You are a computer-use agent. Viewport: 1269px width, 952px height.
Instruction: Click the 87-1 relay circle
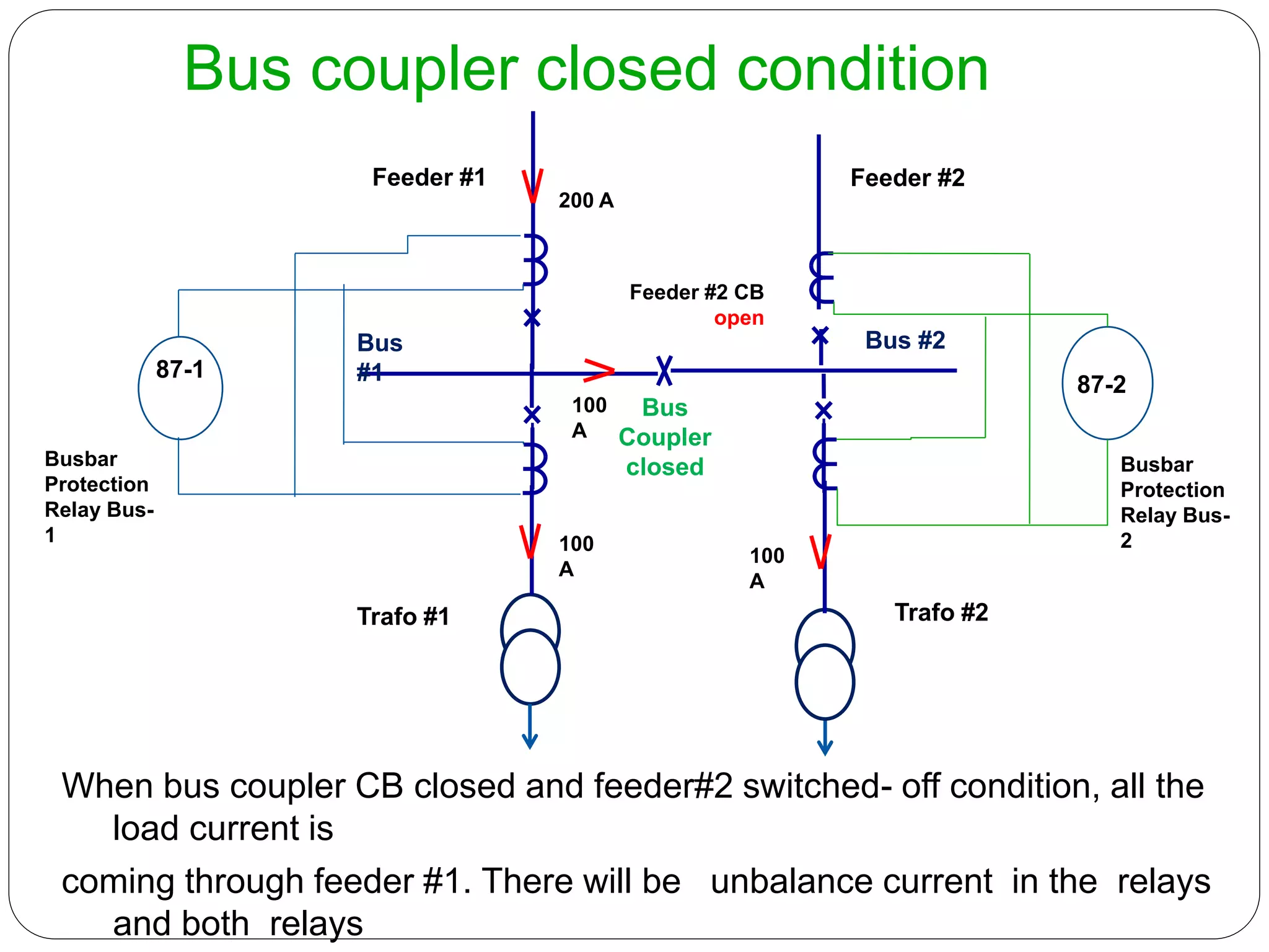(x=180, y=388)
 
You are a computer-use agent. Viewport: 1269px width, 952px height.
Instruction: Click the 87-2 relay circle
(x=1107, y=383)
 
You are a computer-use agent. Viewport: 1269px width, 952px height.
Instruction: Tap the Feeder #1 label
(x=429, y=177)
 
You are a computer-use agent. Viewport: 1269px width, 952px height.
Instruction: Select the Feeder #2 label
(x=907, y=178)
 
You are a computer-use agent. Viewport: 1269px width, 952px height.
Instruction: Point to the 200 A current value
(x=586, y=200)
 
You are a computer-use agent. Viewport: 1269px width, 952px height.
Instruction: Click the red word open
(x=739, y=318)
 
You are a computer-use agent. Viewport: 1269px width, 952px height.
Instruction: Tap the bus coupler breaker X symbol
(x=664, y=371)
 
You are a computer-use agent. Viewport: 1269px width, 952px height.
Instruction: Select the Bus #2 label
(x=905, y=340)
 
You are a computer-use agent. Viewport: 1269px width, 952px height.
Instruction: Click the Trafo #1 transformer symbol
(x=530, y=649)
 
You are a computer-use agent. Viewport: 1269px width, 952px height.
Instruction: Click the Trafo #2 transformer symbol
(x=825, y=664)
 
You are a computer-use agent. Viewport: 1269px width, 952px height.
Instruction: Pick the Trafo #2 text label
(x=941, y=612)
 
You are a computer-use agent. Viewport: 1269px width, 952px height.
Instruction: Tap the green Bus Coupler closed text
(x=665, y=437)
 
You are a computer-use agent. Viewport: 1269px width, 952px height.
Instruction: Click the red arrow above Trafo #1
(x=530, y=541)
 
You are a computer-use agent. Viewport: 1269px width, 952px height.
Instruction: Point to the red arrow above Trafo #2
(x=820, y=552)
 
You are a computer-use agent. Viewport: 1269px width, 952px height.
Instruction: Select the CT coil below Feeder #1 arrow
(x=535, y=260)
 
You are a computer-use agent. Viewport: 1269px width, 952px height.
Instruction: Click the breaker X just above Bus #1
(x=532, y=318)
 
